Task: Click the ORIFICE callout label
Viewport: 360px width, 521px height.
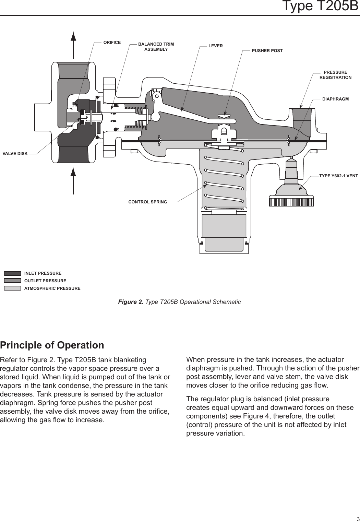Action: [112, 43]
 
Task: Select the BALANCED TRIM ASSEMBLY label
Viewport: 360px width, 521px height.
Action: [156, 47]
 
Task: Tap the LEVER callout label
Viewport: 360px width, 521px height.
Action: [216, 46]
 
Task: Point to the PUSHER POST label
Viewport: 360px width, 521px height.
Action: [267, 51]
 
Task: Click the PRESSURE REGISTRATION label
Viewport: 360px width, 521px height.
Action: [335, 75]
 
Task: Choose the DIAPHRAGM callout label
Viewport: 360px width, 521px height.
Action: [335, 99]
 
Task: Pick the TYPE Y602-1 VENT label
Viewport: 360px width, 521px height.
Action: [338, 176]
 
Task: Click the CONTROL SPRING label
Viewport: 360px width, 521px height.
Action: [148, 202]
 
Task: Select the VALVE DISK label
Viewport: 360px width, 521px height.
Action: [15, 154]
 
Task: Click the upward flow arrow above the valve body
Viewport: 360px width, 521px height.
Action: [73, 45]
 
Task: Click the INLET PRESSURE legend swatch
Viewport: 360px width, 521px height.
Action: [13, 273]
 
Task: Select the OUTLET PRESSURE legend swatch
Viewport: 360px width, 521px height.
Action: [13, 281]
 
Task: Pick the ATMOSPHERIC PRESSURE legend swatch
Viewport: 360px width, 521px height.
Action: [13, 288]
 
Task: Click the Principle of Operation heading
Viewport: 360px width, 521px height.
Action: [52, 345]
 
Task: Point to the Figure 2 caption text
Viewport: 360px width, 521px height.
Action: [179, 302]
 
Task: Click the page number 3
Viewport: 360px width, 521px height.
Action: [357, 518]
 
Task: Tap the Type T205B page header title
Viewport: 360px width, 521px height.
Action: [320, 7]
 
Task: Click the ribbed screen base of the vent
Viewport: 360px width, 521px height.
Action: [291, 201]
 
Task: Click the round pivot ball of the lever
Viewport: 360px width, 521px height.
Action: [156, 117]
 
